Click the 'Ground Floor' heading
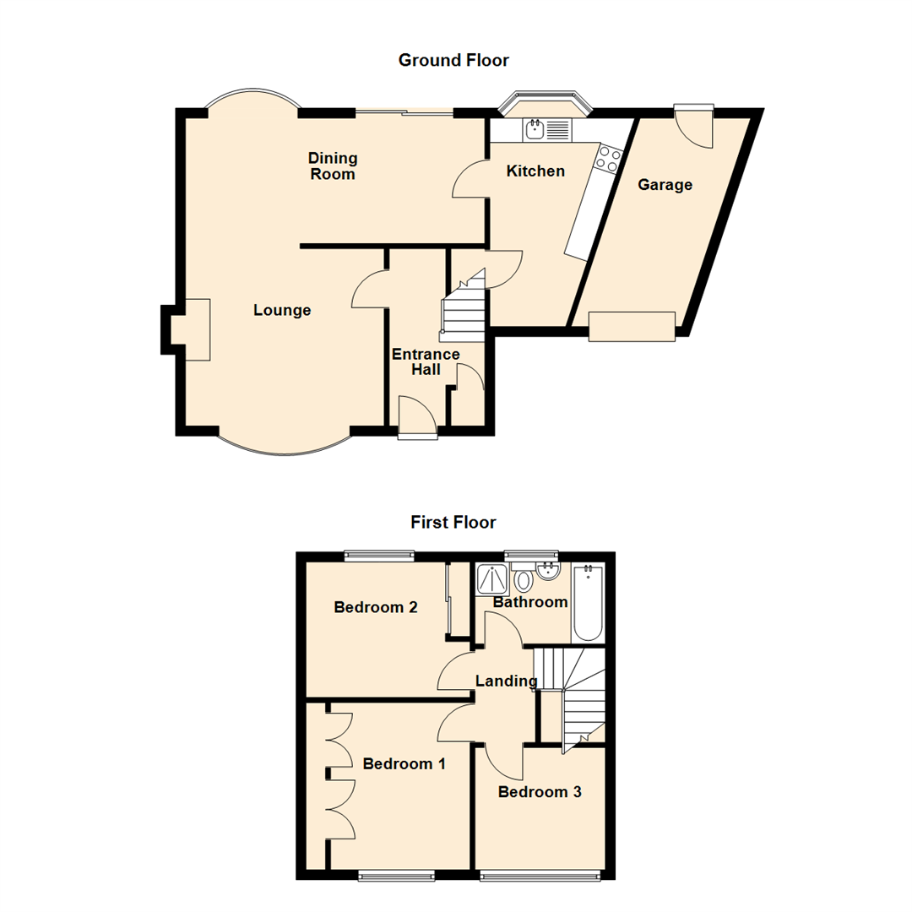453,60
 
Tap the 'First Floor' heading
453,522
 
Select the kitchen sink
535,129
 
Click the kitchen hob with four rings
610,159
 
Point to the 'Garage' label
665,184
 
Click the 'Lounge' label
282,310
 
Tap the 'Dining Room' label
333,166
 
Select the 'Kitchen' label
535,171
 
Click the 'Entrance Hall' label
425,361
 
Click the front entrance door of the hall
418,418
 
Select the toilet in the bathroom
524,580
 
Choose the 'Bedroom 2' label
377,606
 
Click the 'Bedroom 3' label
540,792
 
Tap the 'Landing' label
507,681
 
